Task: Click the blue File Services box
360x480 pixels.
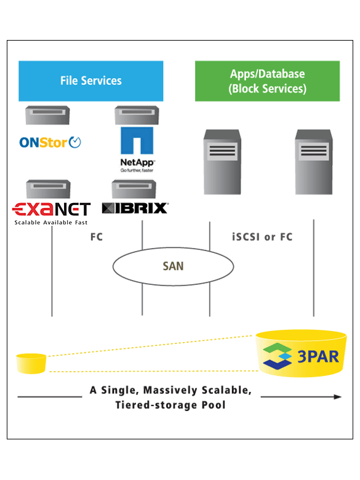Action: (91, 81)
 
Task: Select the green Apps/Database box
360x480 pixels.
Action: (267, 81)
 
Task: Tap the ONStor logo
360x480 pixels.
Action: (50, 142)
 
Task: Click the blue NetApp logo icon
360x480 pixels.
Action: (137, 140)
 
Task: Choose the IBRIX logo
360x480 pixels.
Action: (135, 208)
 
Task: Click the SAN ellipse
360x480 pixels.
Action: (174, 266)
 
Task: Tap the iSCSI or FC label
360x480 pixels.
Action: (262, 237)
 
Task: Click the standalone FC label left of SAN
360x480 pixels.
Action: (97, 237)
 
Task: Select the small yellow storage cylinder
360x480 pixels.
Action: (31, 363)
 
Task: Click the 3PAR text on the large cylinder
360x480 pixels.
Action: (318, 357)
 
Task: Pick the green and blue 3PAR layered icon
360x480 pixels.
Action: (278, 356)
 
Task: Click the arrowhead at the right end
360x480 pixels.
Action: (338, 397)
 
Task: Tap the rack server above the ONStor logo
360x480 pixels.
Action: (47, 115)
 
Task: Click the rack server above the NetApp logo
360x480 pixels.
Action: (137, 115)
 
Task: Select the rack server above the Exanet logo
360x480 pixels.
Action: (49, 189)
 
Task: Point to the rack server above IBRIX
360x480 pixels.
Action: (134, 189)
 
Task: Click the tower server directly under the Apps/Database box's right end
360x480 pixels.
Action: (314, 162)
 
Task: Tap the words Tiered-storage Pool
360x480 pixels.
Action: (170, 405)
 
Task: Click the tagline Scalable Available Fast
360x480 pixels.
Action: (51, 223)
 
